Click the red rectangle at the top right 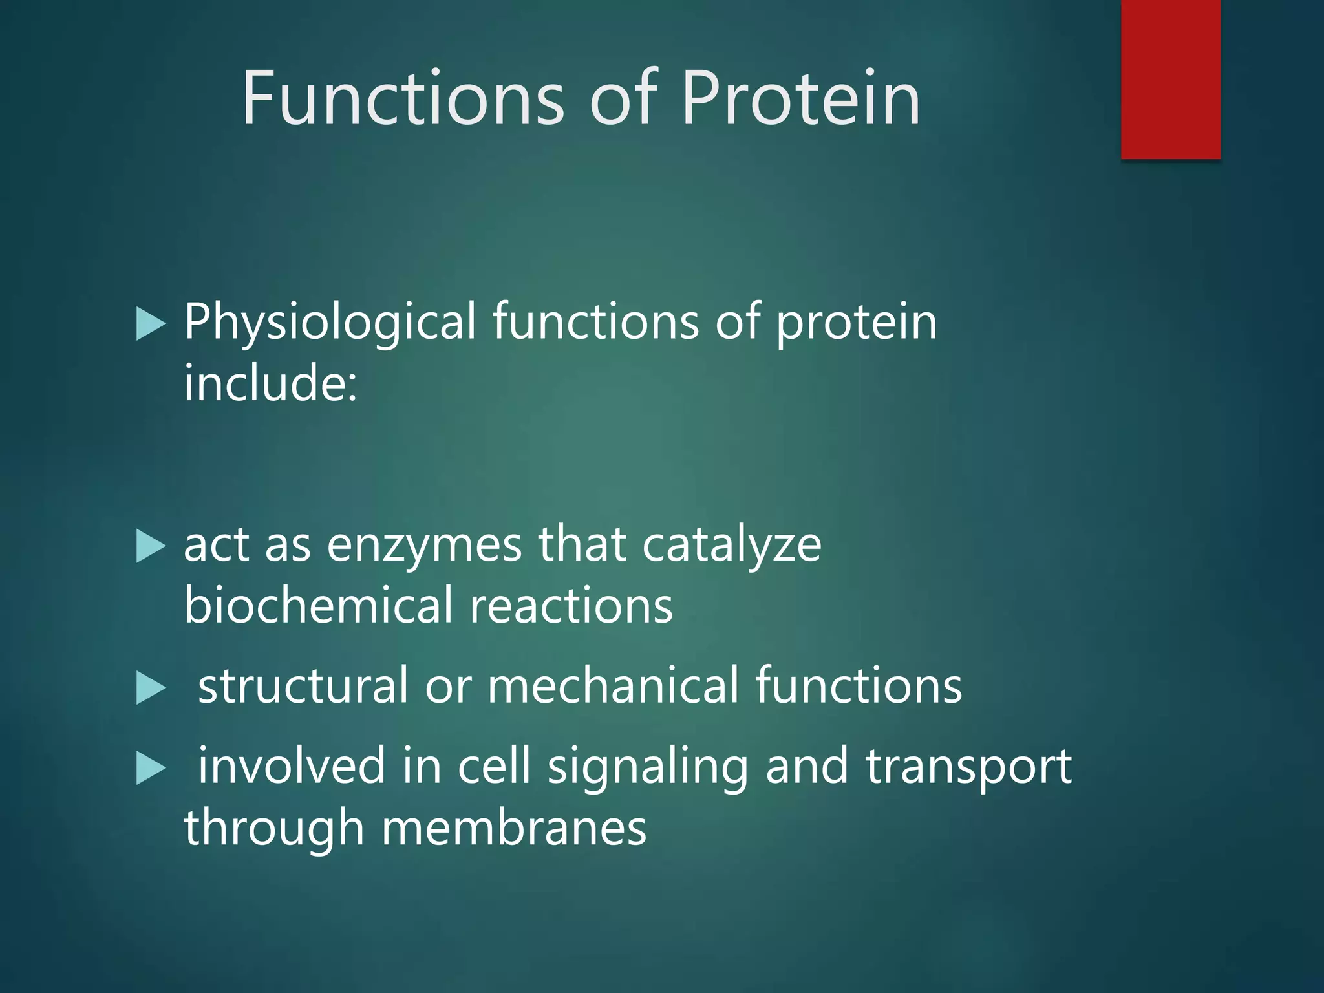click(x=1170, y=79)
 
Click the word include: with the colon click(x=270, y=383)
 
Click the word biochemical click(x=319, y=606)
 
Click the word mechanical click(x=613, y=686)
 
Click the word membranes click(x=514, y=828)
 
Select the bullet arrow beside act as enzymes click(x=151, y=547)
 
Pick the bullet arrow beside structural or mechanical click(x=151, y=688)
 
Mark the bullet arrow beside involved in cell click(x=151, y=769)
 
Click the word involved click(x=291, y=767)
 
